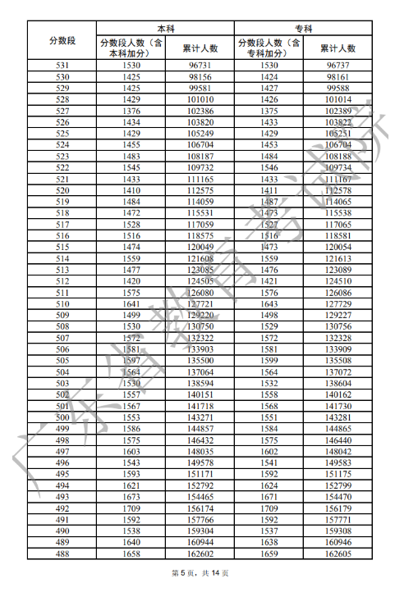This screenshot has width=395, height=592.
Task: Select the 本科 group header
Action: tap(165, 27)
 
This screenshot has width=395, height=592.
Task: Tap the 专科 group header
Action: tap(303, 27)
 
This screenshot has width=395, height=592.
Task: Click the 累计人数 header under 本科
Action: tap(200, 48)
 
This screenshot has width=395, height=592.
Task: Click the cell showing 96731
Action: tap(200, 65)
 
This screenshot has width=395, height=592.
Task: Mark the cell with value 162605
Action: tap(338, 554)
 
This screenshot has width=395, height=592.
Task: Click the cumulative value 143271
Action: tap(200, 417)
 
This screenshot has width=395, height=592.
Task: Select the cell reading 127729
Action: tap(338, 303)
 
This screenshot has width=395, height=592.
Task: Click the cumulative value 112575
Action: tap(200, 190)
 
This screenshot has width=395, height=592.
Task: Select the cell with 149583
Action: tap(338, 463)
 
